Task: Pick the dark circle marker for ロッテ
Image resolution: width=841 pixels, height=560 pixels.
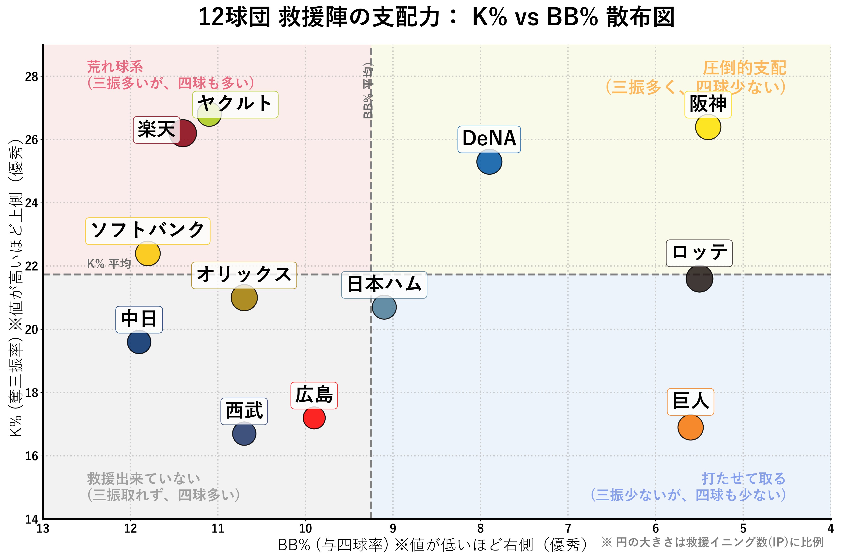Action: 699,279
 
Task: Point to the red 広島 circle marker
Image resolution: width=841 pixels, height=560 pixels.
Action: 314,417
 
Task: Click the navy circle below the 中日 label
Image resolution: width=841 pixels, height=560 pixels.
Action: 139,342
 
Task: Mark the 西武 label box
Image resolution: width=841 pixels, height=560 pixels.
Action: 244,411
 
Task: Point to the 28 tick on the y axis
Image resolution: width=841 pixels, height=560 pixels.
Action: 31,77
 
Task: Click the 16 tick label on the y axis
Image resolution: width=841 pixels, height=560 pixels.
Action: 31,456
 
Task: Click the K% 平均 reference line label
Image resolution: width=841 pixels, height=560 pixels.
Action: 109,264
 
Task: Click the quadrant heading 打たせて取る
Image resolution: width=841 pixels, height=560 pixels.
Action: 743,478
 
